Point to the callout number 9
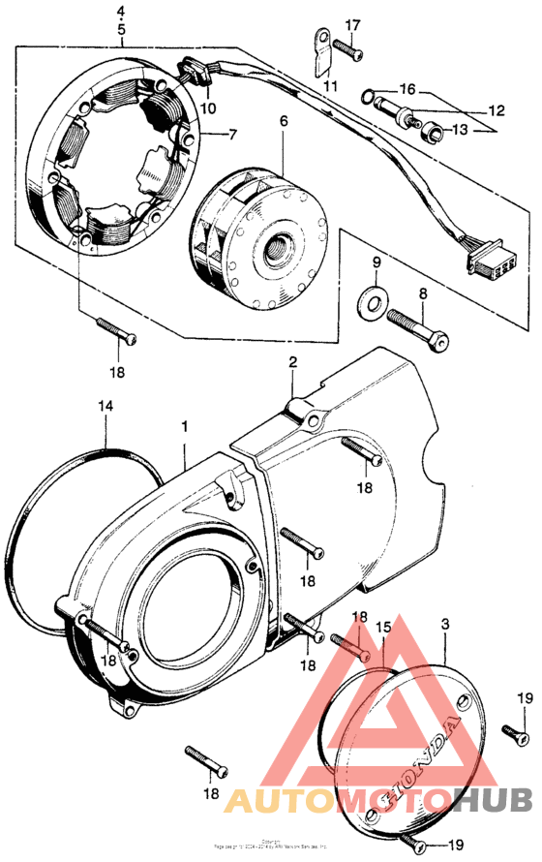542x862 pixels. pos(376,262)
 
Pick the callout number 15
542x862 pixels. pos(383,628)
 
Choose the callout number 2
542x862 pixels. pos(292,362)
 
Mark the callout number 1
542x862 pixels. pos(184,425)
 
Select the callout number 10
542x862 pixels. pos(209,108)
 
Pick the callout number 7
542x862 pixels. pos(232,135)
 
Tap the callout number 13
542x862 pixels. pos(460,129)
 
